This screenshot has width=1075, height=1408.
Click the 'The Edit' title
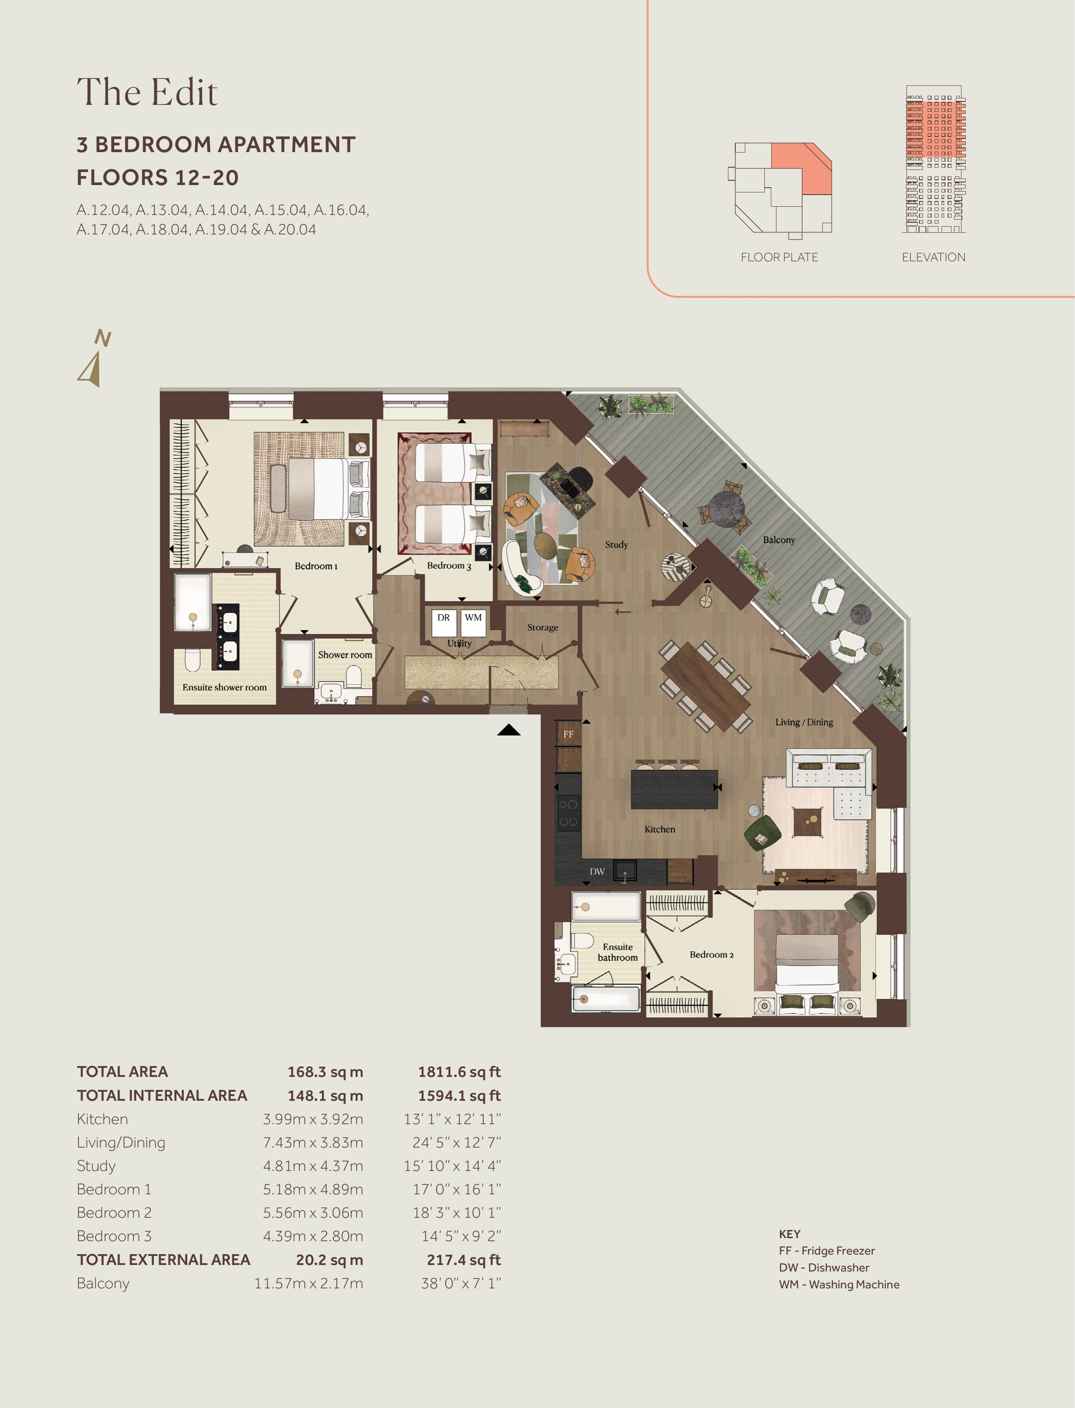147,92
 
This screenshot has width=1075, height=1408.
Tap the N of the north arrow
103,337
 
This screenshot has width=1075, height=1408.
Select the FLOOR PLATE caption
779,257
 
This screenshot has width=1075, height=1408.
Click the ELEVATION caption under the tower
934,257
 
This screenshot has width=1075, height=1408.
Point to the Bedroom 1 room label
316,566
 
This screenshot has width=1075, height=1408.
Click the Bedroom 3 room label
449,566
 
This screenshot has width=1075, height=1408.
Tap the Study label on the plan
616,544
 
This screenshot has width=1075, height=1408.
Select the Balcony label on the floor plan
779,540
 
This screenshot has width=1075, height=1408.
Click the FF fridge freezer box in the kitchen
568,734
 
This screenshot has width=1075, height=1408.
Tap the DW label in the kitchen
597,872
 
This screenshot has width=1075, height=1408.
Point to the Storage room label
542,627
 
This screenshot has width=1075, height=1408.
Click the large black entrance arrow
509,730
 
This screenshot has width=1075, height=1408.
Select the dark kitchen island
674,790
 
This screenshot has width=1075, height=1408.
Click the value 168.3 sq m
325,1072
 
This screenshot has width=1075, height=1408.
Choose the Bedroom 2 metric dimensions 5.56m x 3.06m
313,1213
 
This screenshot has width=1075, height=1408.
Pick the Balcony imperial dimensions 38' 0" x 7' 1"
461,1283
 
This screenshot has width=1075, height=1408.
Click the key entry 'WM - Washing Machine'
839,1284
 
